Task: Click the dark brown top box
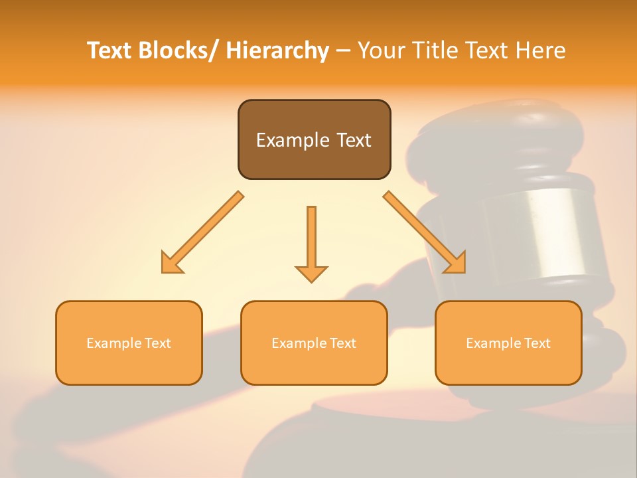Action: tap(314, 139)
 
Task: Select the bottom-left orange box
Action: tap(129, 343)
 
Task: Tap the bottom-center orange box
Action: tap(314, 343)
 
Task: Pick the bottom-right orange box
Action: tap(508, 343)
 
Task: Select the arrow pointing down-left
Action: tap(202, 232)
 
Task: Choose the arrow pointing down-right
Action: tap(425, 232)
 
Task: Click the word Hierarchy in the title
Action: tap(277, 50)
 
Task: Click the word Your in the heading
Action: tap(379, 50)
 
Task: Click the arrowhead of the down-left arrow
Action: tap(172, 262)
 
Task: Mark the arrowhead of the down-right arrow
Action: tap(455, 262)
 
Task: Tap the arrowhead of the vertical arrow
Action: tap(311, 273)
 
